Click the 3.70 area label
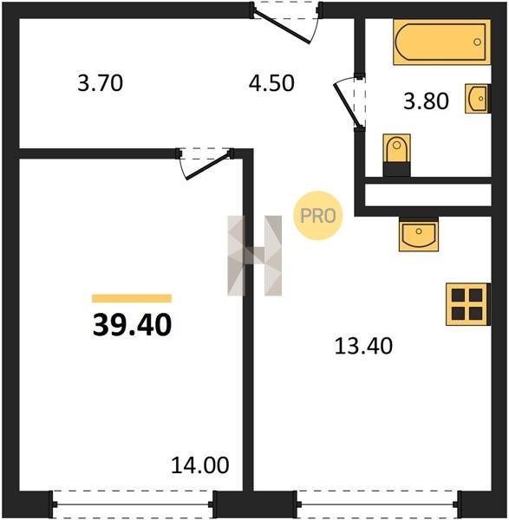point(101,83)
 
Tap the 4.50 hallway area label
point(271,83)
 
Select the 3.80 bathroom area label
point(426,101)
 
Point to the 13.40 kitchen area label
point(363,346)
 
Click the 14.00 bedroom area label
point(199,465)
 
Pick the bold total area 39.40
point(132,325)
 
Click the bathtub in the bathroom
point(441,42)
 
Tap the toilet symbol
point(396,155)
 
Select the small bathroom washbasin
point(478,99)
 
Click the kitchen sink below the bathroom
point(419,234)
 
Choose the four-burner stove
point(468,304)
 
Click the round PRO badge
point(317,216)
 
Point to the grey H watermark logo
point(255,256)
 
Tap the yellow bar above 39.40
point(132,298)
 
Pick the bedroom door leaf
point(207,166)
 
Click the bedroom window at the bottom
point(133,504)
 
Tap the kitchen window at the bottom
point(377,504)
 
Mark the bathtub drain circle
point(477,42)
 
